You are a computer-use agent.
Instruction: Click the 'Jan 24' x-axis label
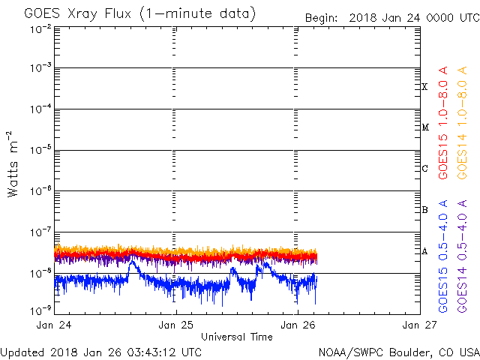pyautogui.click(x=54, y=325)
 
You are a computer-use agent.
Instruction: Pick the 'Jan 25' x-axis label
pyautogui.click(x=175, y=325)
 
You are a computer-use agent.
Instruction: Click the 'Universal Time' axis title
pyautogui.click(x=236, y=337)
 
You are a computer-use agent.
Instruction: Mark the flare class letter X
pyautogui.click(x=424, y=87)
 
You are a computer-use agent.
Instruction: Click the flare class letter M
pyautogui.click(x=424, y=127)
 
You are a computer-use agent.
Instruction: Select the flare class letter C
pyautogui.click(x=424, y=169)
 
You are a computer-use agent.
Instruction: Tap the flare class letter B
pyautogui.click(x=424, y=210)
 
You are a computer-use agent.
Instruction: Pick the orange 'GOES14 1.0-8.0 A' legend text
pyautogui.click(x=463, y=124)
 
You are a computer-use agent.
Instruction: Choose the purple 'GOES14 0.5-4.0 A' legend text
pyautogui.click(x=463, y=256)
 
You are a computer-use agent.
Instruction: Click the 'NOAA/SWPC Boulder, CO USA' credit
pyautogui.click(x=398, y=351)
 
